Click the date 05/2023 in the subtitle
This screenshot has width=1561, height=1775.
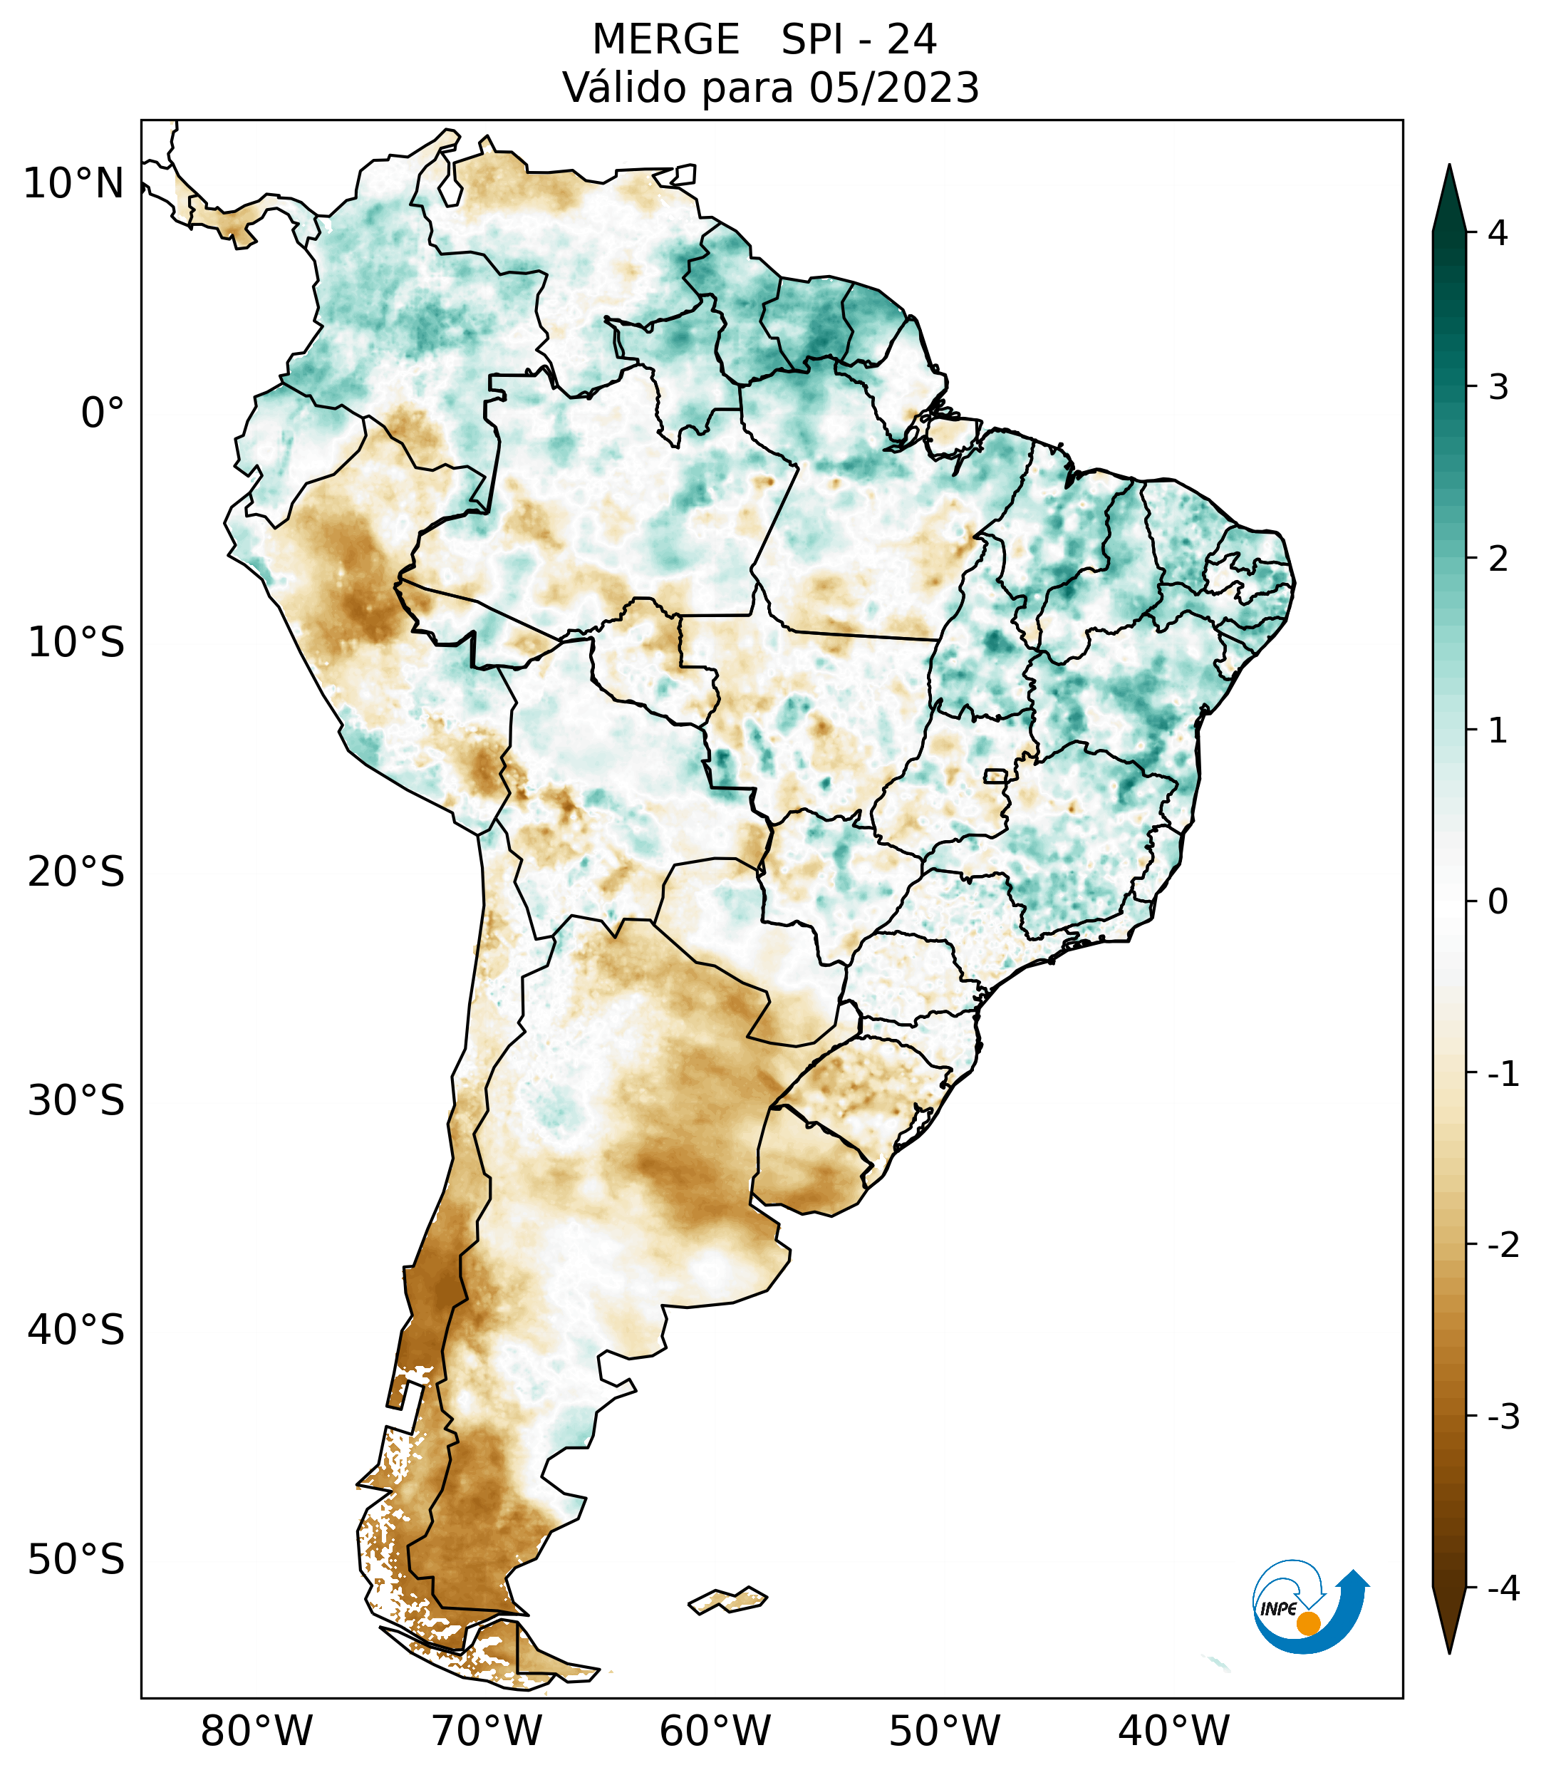(x=894, y=88)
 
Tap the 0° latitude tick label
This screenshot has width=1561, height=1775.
(x=103, y=413)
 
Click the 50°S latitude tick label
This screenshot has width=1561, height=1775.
(x=76, y=1561)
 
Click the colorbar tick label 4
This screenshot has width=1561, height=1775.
(x=1498, y=233)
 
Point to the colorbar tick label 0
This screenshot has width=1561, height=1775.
(x=1498, y=901)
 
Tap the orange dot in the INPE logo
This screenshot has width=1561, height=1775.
(x=1308, y=1623)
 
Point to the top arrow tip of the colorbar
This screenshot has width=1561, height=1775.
(x=1449, y=167)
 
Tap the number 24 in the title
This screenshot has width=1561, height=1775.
(x=912, y=40)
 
